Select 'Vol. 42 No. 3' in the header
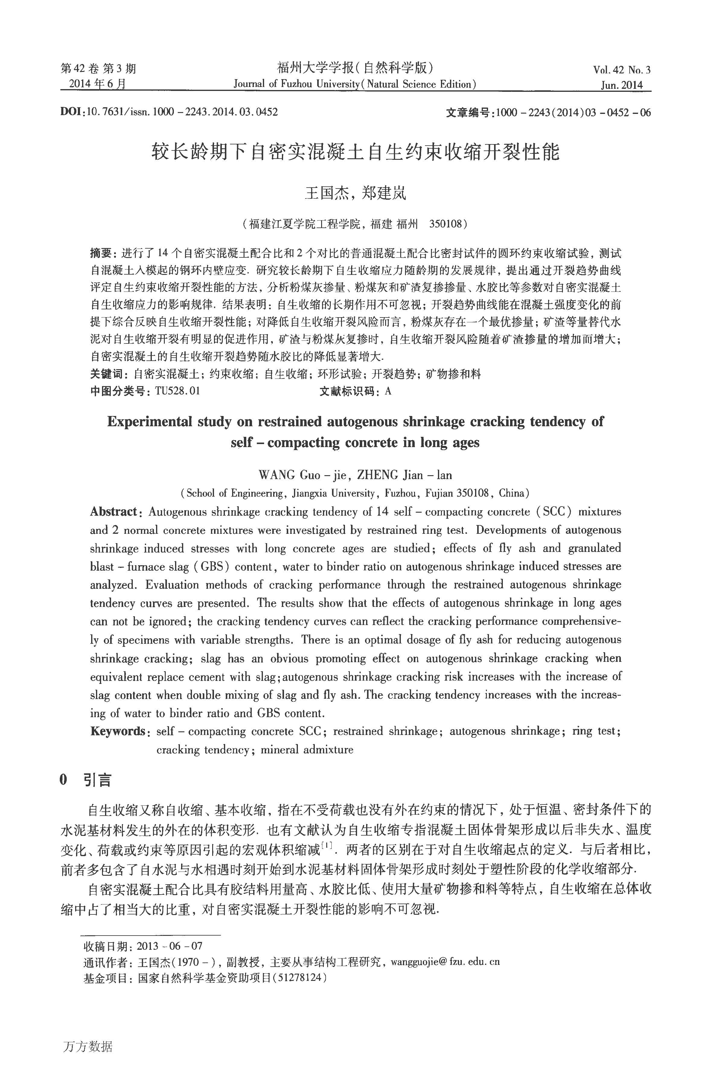pyautogui.click(x=621, y=70)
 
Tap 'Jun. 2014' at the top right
pyautogui.click(x=622, y=85)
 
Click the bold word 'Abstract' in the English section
pyautogui.click(x=113, y=512)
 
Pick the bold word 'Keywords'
pyautogui.click(x=117, y=731)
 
